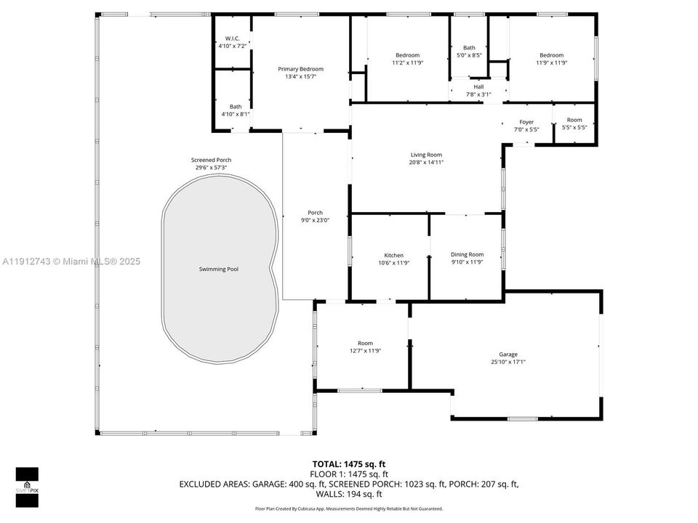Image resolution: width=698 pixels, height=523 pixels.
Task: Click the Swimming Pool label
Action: pyautogui.click(x=219, y=269)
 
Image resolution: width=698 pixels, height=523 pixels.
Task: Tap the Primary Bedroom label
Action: pyautogui.click(x=301, y=69)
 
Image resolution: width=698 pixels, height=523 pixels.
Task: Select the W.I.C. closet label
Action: pyautogui.click(x=233, y=38)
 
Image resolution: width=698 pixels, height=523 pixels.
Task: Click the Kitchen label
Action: pyautogui.click(x=394, y=256)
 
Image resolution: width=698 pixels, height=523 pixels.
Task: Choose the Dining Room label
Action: pyautogui.click(x=467, y=254)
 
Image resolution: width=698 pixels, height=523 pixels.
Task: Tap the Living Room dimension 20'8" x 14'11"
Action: pyautogui.click(x=426, y=162)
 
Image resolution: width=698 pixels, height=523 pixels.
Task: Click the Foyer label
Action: pyautogui.click(x=526, y=122)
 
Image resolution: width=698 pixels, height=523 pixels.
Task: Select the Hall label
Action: pyautogui.click(x=478, y=86)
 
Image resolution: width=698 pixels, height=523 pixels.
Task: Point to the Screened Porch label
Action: pyautogui.click(x=211, y=160)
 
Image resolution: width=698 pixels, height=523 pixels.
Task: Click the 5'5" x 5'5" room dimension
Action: pyautogui.click(x=574, y=128)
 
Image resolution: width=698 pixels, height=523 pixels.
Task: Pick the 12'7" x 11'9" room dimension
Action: pyautogui.click(x=365, y=351)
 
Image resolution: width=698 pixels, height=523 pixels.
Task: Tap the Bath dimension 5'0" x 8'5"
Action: pyautogui.click(x=469, y=55)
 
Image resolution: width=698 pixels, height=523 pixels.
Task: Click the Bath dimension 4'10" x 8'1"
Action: pyautogui.click(x=236, y=114)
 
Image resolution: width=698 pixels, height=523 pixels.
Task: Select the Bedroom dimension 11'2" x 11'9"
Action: pyautogui.click(x=407, y=62)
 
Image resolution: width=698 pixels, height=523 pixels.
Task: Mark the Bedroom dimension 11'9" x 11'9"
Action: pyautogui.click(x=551, y=62)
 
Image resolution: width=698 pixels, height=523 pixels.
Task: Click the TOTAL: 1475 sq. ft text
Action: pyautogui.click(x=350, y=463)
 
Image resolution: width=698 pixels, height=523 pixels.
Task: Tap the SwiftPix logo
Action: pyautogui.click(x=27, y=482)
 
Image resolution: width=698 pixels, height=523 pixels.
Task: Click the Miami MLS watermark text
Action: pyautogui.click(x=71, y=261)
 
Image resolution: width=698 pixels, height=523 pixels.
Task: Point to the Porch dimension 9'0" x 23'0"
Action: pyautogui.click(x=316, y=220)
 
